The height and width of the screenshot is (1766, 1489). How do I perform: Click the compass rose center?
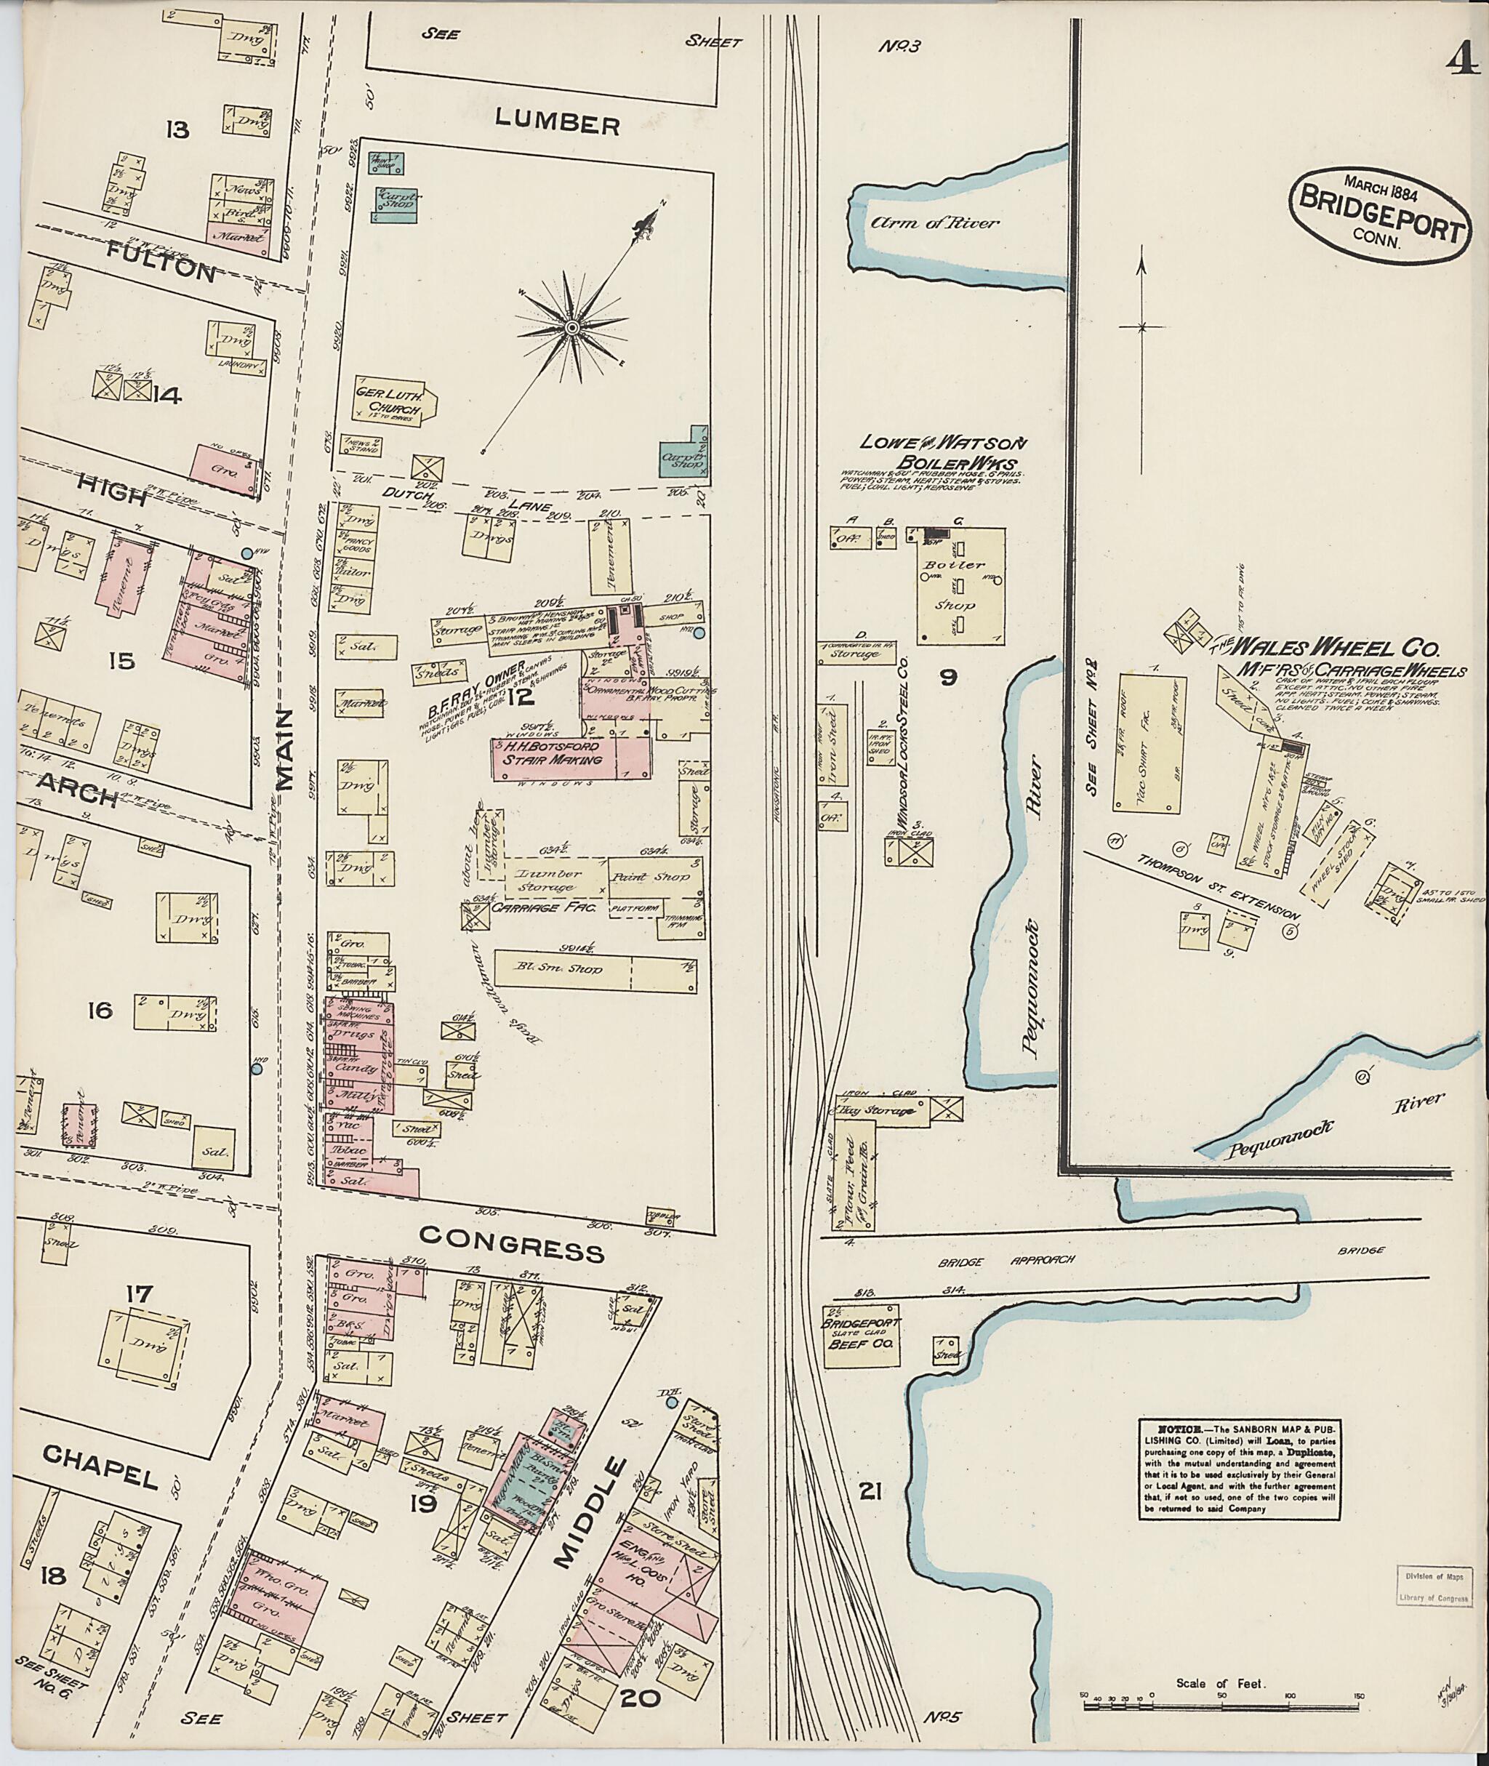pos(572,326)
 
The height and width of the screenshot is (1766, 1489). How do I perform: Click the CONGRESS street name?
pos(513,1248)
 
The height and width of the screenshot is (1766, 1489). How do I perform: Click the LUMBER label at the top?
pos(557,124)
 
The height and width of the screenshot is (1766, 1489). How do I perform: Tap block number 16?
pos(100,1009)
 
